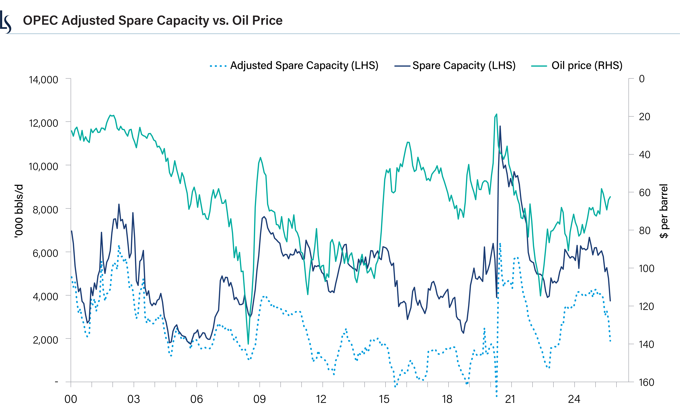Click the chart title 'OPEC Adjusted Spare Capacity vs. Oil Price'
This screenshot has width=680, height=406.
(153, 21)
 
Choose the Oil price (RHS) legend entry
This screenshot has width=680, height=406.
(577, 66)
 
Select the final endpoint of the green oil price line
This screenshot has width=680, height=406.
(610, 197)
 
